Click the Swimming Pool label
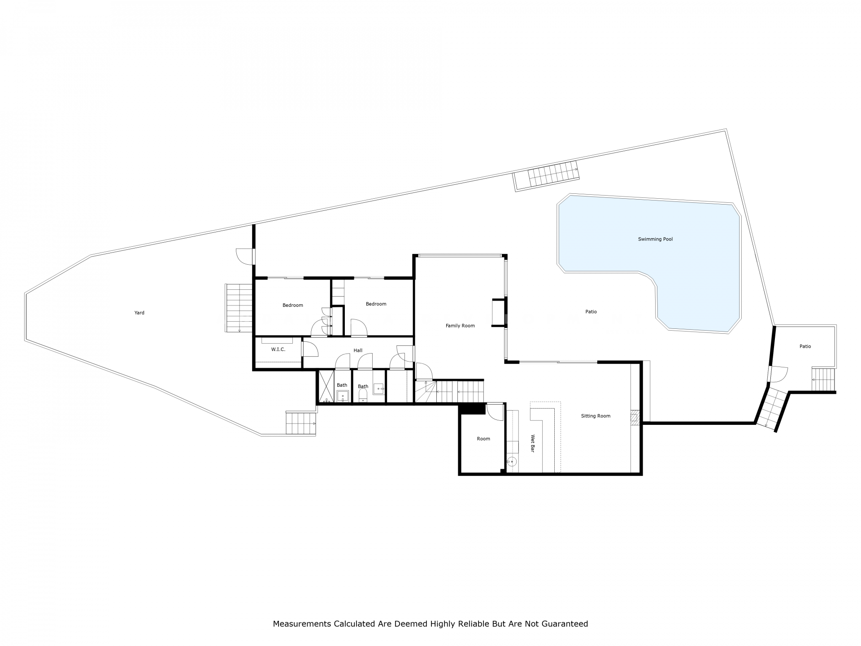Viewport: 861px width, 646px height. pos(655,239)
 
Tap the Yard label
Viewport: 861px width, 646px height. pos(139,313)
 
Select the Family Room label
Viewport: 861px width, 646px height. pos(460,326)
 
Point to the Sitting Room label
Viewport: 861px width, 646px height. pos(596,416)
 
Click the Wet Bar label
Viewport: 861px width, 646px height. pos(533,443)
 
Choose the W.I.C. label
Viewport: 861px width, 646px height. pos(278,349)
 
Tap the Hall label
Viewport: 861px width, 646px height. pos(358,350)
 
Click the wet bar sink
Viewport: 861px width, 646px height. pos(512,461)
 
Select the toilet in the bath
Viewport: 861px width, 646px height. pos(363,395)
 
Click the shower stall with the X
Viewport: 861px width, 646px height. pos(326,386)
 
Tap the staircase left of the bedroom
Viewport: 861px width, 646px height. pos(239,308)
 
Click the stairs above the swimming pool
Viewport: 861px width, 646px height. pos(546,176)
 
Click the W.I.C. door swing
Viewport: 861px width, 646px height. pos(310,349)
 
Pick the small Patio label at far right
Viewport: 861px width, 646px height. pos(805,346)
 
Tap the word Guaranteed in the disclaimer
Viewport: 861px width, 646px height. pos(565,624)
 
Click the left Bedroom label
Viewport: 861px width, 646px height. pos(293,305)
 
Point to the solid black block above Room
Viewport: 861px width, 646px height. pos(472,409)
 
